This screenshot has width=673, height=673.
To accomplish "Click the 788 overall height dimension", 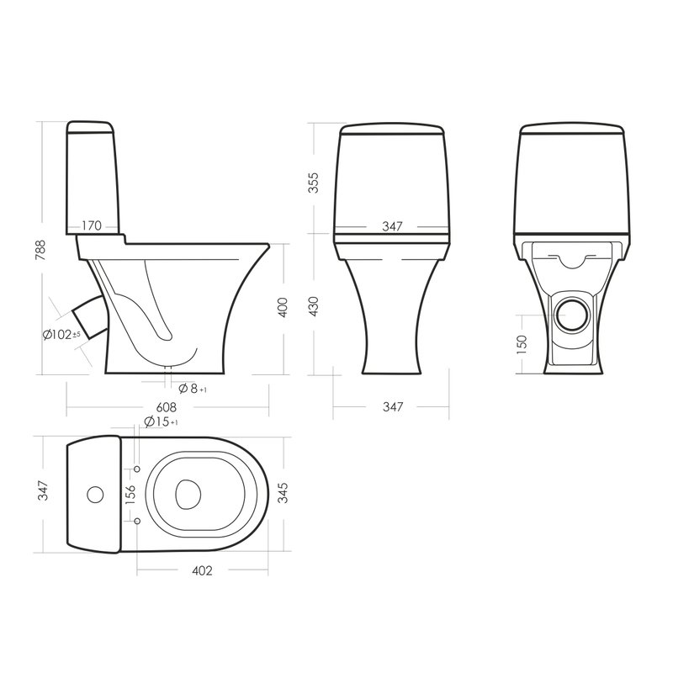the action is point(40,250).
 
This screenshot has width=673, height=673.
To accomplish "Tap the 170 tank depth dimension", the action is point(92,225).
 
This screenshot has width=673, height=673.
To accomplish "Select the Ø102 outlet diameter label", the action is point(61,334).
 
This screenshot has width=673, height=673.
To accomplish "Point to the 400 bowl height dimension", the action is point(283,307).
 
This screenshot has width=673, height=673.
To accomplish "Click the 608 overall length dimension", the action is point(166,406).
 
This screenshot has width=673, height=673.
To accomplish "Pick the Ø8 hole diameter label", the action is point(193,389).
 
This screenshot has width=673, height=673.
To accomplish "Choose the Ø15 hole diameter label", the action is point(161,421).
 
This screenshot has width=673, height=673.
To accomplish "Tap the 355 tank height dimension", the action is point(315,183).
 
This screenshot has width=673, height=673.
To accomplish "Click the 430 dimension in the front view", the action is point(315,306).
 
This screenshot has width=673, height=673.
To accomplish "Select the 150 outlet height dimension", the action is point(522,344).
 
